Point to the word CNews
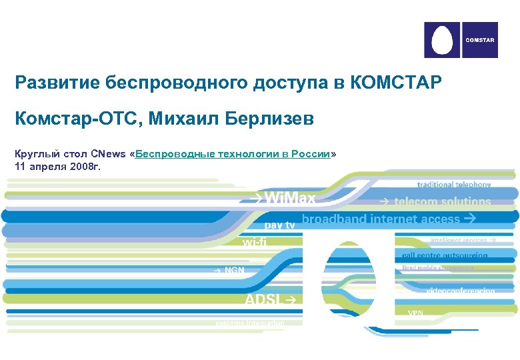[108, 154]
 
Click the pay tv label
[280, 225]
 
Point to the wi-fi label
[255, 243]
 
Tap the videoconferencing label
[460, 291]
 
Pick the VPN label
[415, 312]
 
